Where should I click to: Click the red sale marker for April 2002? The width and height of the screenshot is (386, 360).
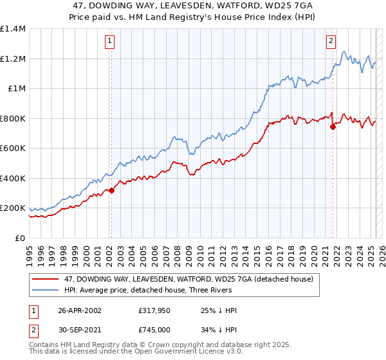111,190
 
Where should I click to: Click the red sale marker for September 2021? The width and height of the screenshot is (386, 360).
333,127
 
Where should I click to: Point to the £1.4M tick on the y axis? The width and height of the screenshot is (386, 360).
13,29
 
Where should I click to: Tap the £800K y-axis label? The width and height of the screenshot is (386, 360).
12,118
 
